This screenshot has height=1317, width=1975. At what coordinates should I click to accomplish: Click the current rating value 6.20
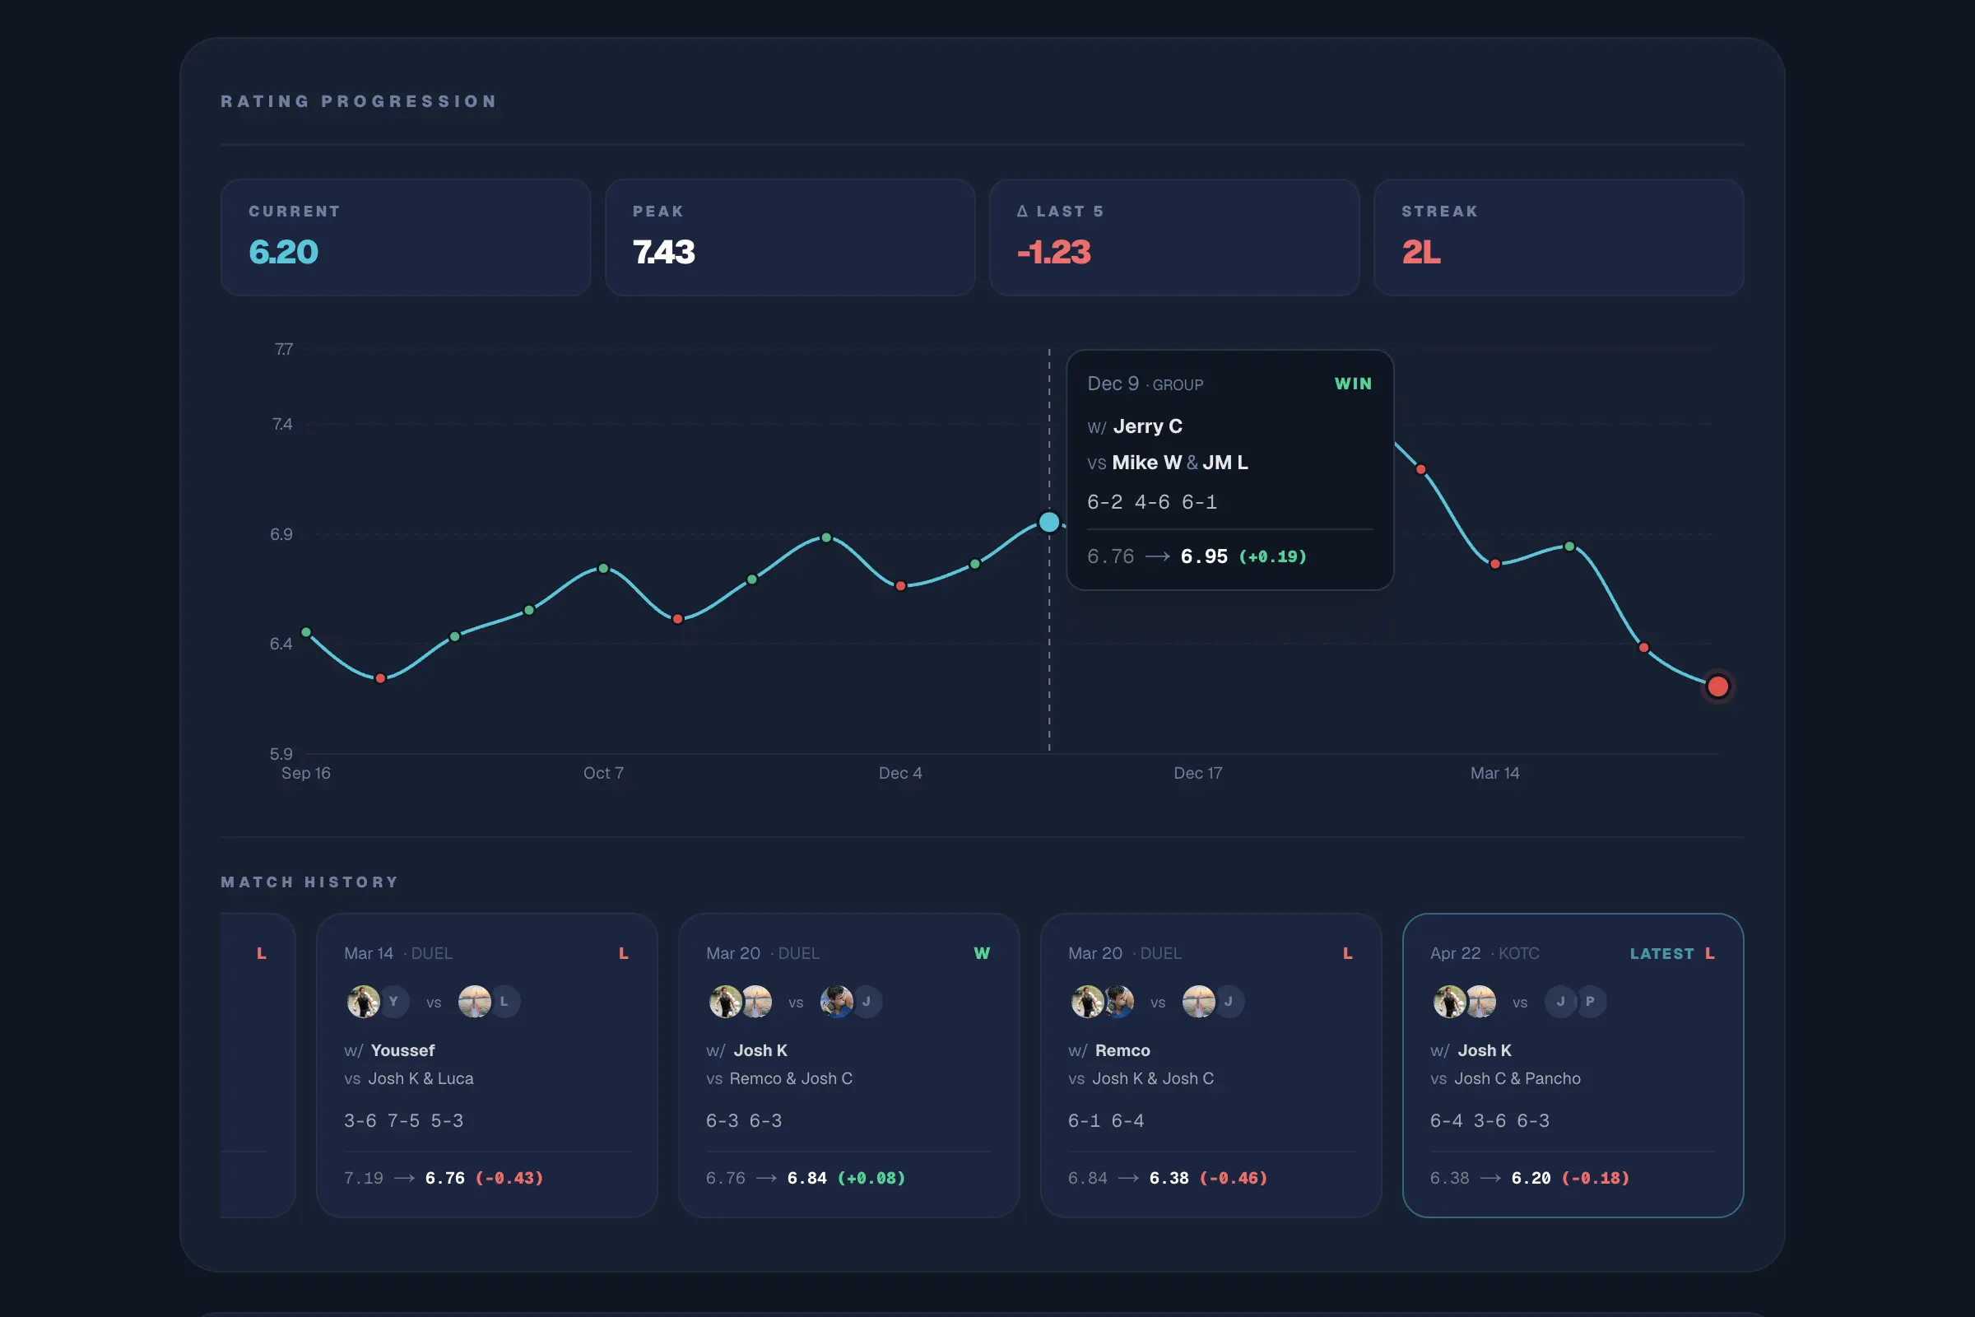tap(283, 252)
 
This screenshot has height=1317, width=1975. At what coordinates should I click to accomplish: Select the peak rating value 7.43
tap(663, 252)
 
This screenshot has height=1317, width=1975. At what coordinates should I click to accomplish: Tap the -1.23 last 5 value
tap(1054, 252)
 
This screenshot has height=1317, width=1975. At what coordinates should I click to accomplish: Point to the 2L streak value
tap(1421, 252)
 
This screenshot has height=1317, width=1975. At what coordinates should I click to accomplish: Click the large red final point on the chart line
tap(1718, 686)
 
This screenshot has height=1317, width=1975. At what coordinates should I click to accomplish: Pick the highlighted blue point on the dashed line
tap(1048, 523)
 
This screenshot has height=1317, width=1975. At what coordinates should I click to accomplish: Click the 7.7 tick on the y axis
tap(284, 348)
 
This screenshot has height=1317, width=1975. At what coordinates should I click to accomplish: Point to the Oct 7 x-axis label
tap(603, 773)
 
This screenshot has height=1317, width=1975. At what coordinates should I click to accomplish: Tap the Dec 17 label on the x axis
tap(1197, 773)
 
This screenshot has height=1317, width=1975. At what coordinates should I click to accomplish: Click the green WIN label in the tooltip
tap(1353, 384)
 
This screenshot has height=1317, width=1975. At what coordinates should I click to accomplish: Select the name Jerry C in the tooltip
tap(1147, 426)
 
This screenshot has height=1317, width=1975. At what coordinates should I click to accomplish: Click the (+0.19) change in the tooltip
tap(1272, 557)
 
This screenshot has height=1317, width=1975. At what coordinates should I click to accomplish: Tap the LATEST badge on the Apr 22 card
tap(1661, 953)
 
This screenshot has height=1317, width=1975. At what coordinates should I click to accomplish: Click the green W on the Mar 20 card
tap(982, 953)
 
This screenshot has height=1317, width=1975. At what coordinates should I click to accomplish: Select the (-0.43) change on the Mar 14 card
tap(509, 1178)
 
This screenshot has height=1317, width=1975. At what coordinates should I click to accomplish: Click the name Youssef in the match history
tap(402, 1051)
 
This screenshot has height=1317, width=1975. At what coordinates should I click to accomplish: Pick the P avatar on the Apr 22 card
tap(1590, 1001)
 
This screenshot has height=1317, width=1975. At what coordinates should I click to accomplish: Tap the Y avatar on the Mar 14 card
tap(393, 1001)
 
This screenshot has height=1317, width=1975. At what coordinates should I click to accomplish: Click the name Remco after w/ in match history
tap(1122, 1051)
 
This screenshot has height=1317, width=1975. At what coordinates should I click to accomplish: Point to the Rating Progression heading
tap(359, 101)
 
